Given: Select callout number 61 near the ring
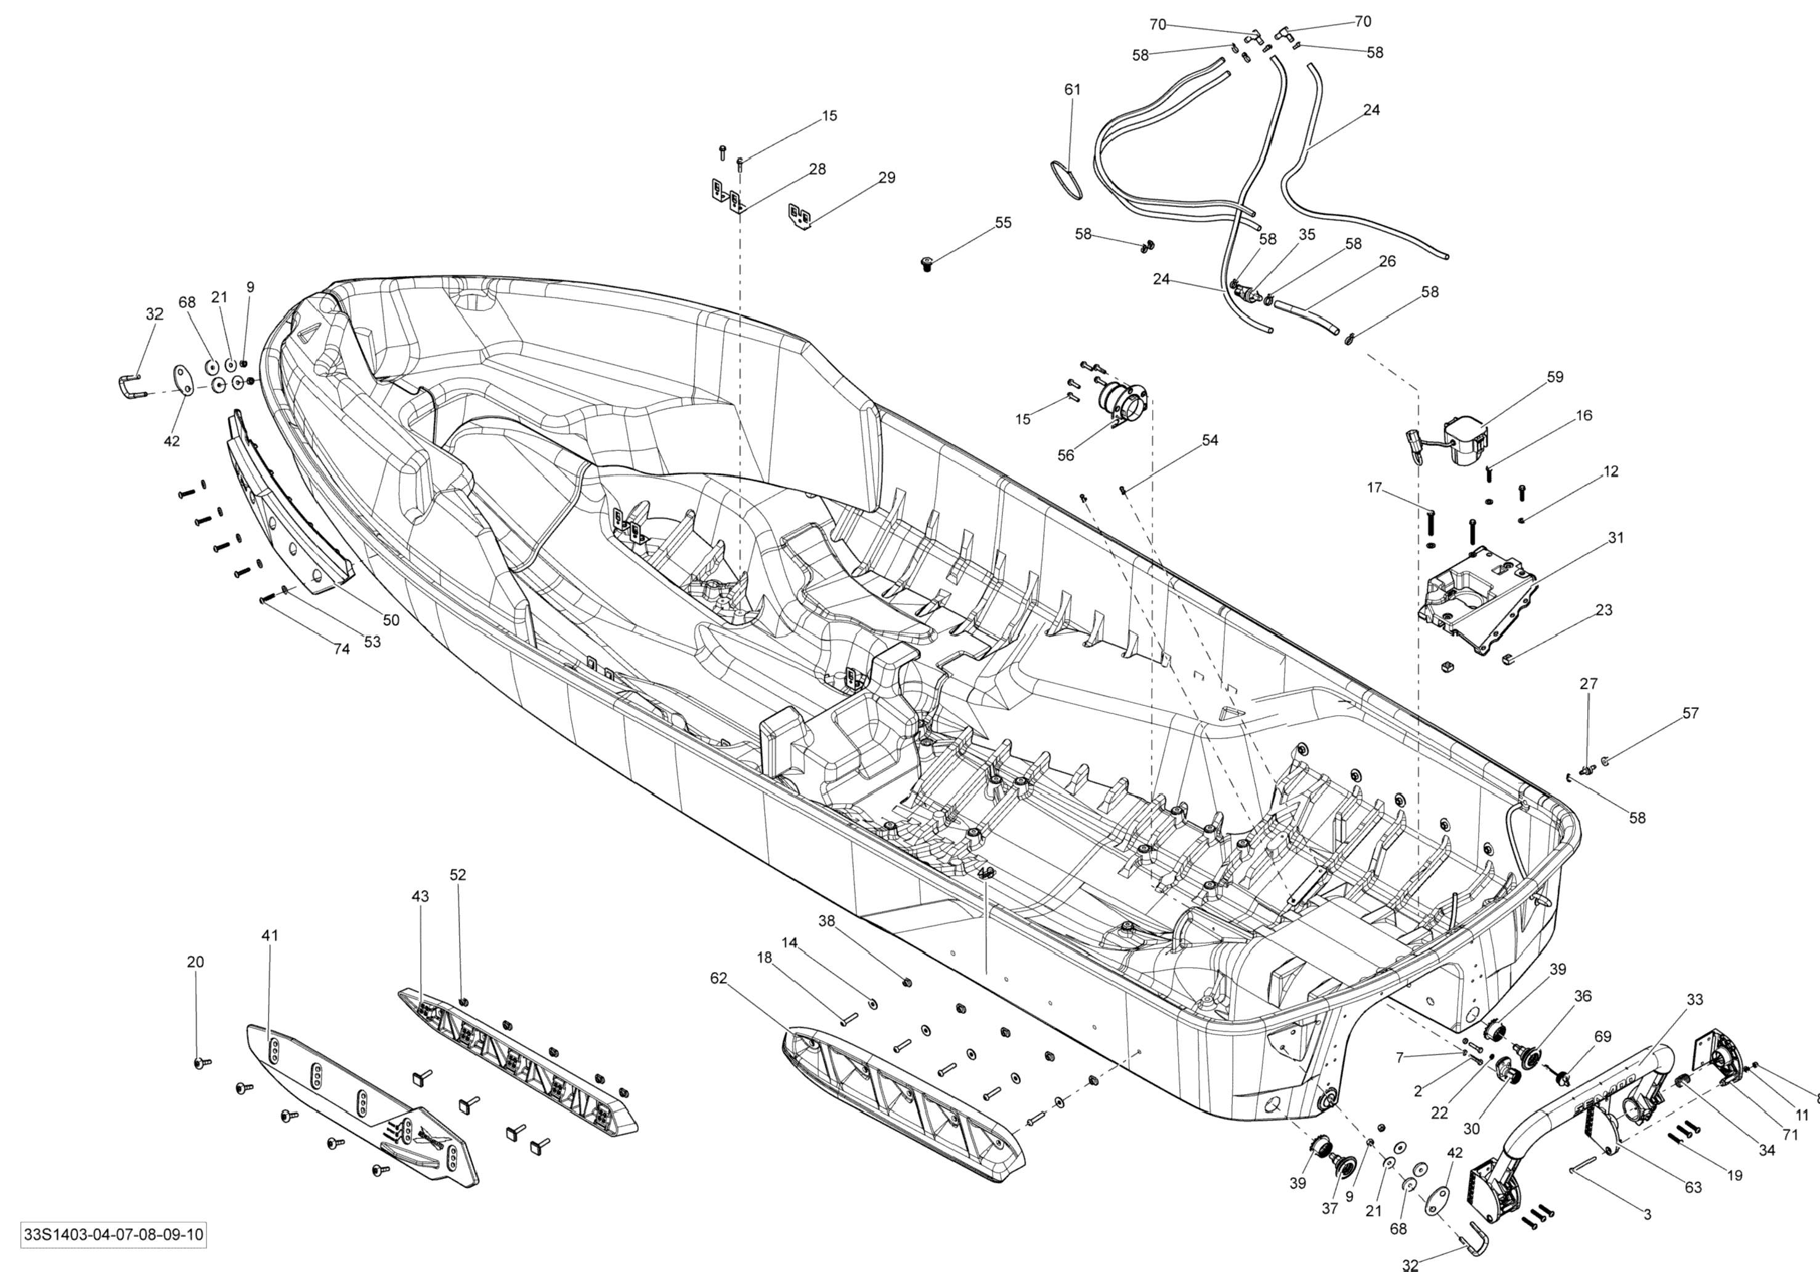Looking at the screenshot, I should [x=1071, y=89].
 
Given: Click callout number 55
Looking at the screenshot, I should [x=1003, y=223].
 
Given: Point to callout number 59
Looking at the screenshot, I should [x=1554, y=377].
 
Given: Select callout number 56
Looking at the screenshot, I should [x=1065, y=455].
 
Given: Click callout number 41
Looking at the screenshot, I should [x=270, y=935].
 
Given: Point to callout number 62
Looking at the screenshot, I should [x=718, y=979].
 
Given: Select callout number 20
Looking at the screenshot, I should [x=195, y=962].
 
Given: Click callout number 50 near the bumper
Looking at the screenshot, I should [x=391, y=620].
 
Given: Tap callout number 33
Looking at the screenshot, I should [x=1694, y=1000].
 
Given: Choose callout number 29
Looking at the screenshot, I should [x=886, y=178].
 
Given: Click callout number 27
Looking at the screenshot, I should [x=1588, y=683].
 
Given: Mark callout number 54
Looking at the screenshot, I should [x=1209, y=440].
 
